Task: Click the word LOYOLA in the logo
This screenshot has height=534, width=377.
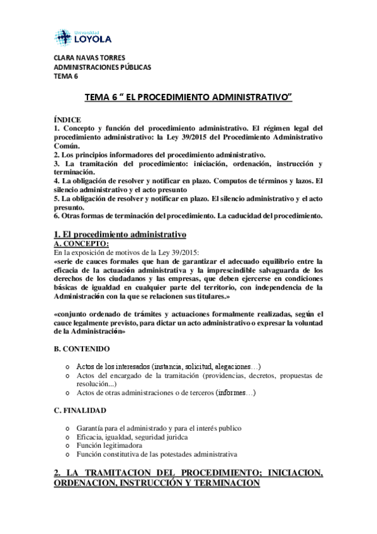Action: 93,40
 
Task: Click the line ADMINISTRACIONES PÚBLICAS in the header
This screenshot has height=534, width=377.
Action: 102,68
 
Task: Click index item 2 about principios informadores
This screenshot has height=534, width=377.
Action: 159,154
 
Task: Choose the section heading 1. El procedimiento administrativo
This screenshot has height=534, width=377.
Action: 120,234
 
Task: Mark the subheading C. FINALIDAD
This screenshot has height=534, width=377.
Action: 80,410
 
